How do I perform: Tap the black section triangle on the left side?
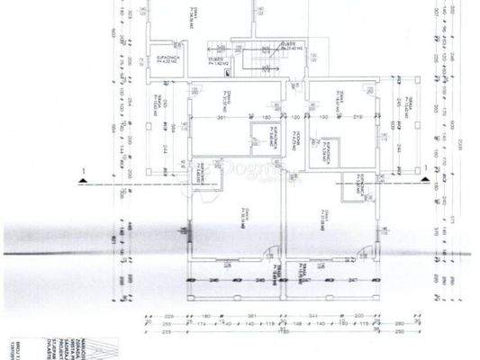coord(83,182)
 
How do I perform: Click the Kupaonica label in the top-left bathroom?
coord(166,59)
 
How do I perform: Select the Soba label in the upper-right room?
coord(341,94)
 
